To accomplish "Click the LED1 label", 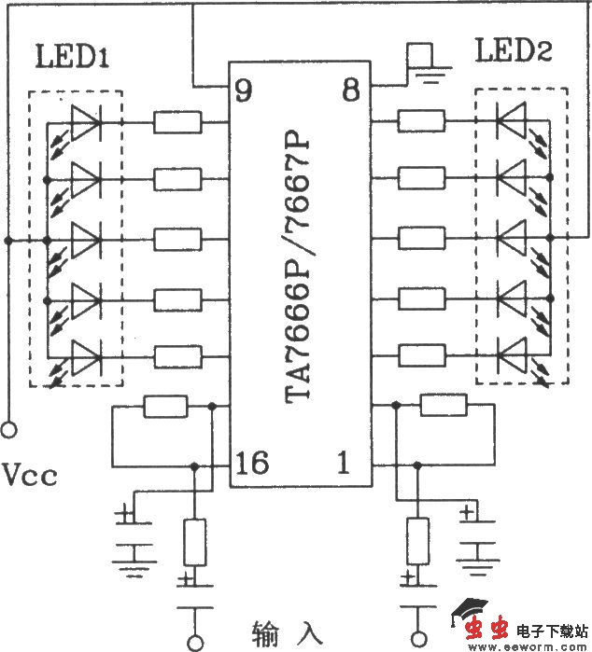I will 73,58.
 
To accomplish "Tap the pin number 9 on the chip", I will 243,91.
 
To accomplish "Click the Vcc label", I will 30,477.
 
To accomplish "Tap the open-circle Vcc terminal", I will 9,431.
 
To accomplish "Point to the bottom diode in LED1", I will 85,355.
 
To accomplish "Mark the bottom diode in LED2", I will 512,355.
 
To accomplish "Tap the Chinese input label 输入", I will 287,633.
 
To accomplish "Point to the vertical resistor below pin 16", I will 194,543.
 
